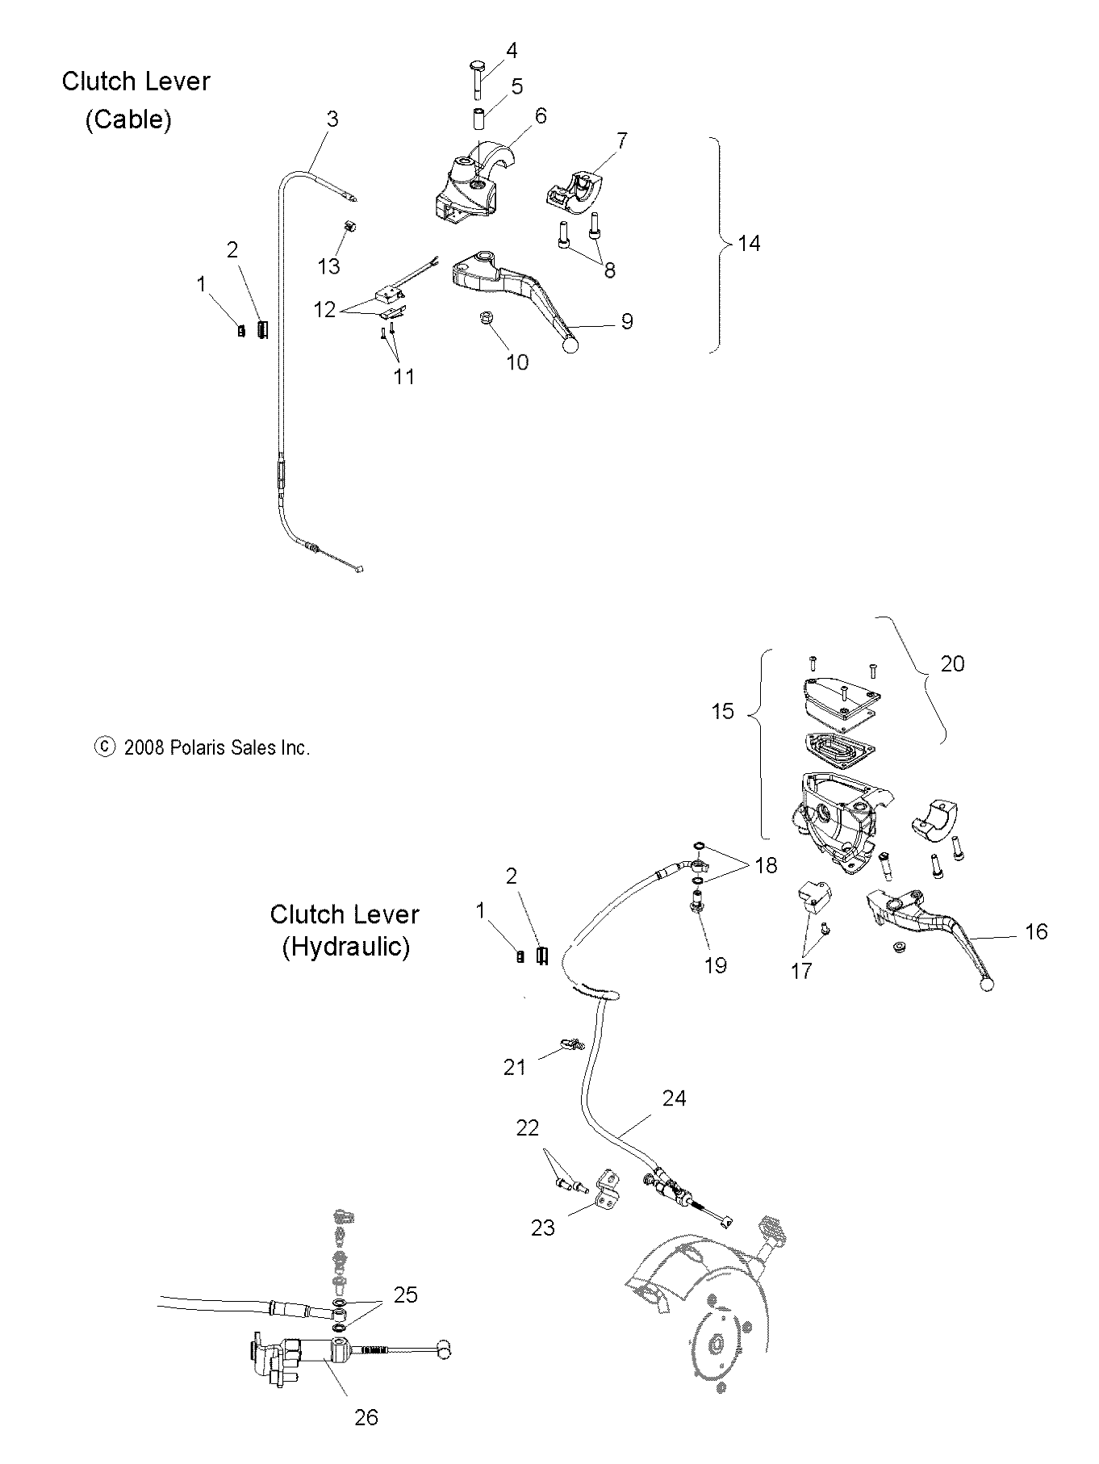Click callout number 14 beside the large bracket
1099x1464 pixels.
(749, 243)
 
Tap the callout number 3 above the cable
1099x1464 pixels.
(332, 119)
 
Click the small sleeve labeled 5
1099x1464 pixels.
(479, 118)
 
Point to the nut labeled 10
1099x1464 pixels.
(488, 319)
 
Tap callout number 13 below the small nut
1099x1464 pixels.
(329, 266)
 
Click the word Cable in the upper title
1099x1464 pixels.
(129, 120)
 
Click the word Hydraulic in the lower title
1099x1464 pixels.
(345, 947)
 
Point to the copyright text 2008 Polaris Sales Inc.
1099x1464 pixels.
(216, 748)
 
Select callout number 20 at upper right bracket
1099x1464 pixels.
(952, 663)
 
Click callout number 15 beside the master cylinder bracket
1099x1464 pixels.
(722, 711)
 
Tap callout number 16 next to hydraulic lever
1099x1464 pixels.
(1035, 932)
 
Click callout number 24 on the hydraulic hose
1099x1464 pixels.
(674, 1098)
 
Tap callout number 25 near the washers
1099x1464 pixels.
(405, 1295)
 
